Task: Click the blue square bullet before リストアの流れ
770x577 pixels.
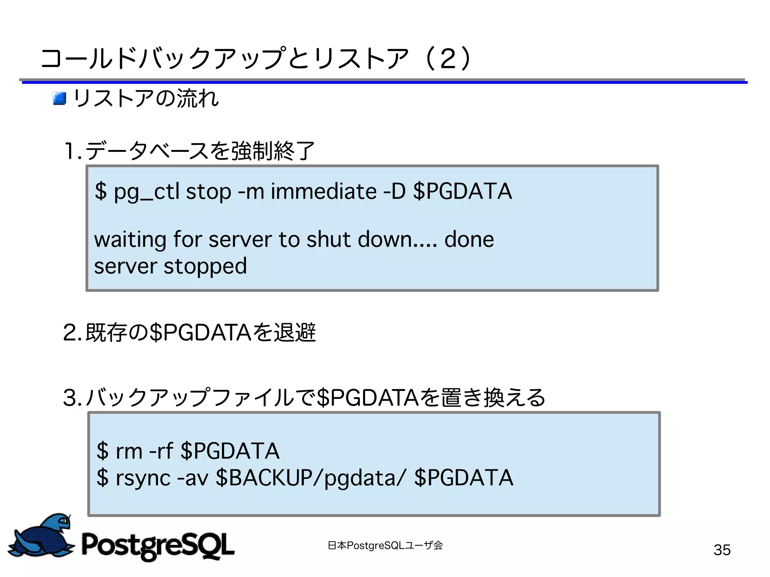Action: tap(59, 98)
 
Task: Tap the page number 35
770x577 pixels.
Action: tap(722, 550)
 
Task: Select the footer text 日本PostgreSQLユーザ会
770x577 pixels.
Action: tap(385, 545)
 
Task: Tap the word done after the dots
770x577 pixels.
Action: tap(469, 239)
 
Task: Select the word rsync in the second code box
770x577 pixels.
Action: tap(143, 478)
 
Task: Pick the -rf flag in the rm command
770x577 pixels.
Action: tap(161, 451)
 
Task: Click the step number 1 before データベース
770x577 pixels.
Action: tap(70, 151)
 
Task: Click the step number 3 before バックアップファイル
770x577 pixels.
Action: tap(71, 398)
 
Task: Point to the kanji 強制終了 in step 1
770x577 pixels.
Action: tap(273, 151)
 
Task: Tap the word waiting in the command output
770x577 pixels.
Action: tap(130, 239)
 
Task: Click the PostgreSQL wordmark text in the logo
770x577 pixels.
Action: tap(158, 545)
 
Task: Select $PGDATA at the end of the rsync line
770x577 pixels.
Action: tap(463, 478)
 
